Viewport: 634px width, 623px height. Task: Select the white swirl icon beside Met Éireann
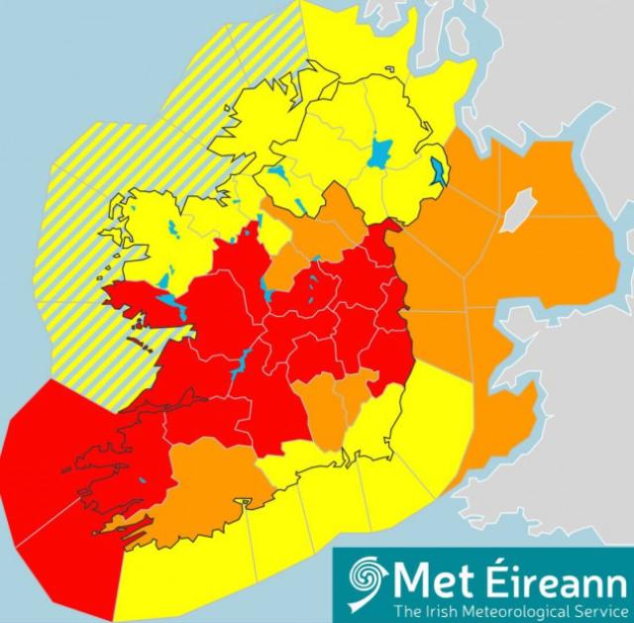[x=365, y=582]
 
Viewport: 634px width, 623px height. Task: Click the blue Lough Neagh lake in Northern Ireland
[x=380, y=154]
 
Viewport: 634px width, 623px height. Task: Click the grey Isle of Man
[x=517, y=211]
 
